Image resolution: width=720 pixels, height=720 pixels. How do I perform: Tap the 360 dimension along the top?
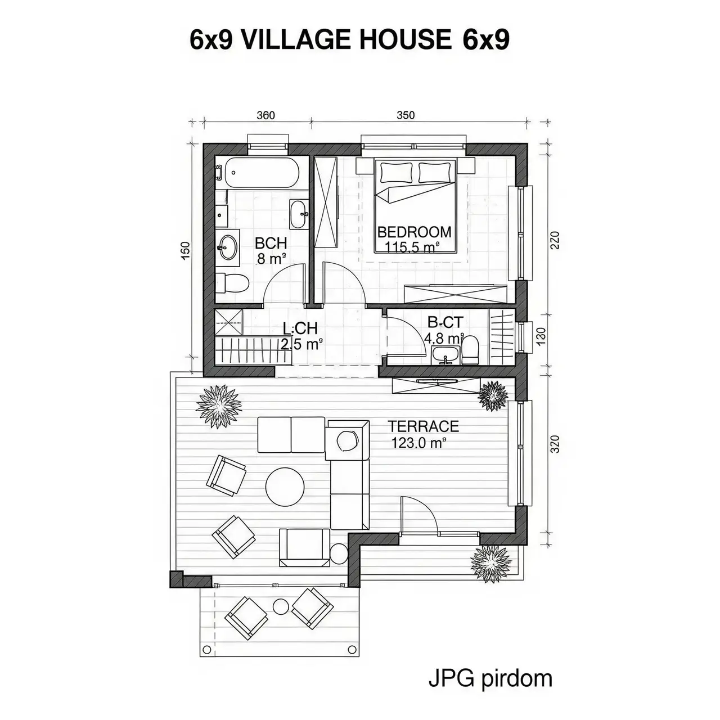coord(265,115)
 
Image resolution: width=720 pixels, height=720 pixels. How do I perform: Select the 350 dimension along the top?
coord(405,115)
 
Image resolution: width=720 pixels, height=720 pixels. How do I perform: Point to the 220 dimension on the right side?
coord(554,241)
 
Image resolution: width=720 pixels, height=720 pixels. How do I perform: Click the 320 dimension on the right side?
coord(554,444)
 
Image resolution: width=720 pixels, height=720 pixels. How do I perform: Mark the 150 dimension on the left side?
coord(186,251)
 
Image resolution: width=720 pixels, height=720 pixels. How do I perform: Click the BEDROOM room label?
coord(414,232)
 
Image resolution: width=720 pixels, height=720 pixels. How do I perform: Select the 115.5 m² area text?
coord(412,247)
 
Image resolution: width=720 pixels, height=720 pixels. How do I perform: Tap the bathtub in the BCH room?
coord(260,174)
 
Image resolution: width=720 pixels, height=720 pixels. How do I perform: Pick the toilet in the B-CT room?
coord(470,349)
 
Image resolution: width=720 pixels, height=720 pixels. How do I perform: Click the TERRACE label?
coord(424,426)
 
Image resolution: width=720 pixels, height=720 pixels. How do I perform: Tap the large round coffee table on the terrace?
coord(285,487)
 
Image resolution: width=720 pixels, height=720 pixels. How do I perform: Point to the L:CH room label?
coord(300,328)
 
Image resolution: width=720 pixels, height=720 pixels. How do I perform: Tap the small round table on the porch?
coord(280,606)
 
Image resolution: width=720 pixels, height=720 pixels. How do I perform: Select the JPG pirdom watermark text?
coord(490,678)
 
